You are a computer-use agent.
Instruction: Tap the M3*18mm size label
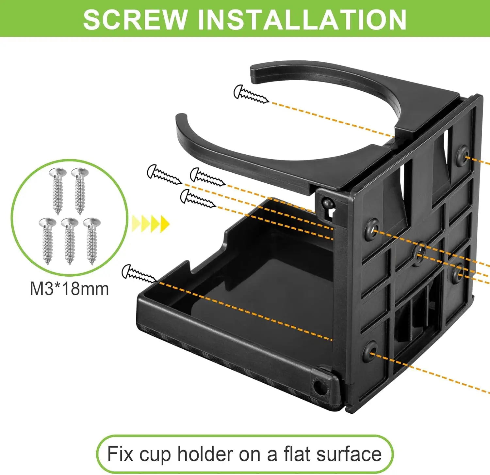pyautogui.click(x=69, y=289)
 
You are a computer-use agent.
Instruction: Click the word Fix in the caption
pyautogui.click(x=120, y=454)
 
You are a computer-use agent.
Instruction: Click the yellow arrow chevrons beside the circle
pyautogui.click(x=151, y=224)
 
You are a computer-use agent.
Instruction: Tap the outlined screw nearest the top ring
pyautogui.click(x=251, y=94)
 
